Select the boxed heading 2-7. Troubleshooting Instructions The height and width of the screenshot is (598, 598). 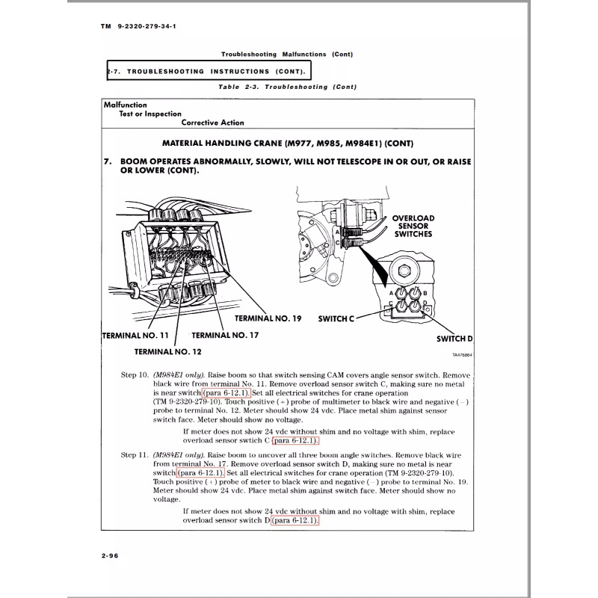click(x=209, y=71)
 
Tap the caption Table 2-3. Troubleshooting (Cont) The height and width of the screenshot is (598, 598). click(x=287, y=87)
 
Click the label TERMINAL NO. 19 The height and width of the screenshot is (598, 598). click(x=268, y=318)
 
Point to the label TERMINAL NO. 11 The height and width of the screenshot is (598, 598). click(x=135, y=335)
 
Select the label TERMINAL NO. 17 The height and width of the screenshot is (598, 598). click(x=226, y=335)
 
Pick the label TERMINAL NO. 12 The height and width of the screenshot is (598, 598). click(x=169, y=351)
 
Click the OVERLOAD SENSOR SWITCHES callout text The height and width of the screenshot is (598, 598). click(x=413, y=226)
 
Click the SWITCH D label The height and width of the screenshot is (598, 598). click(x=454, y=339)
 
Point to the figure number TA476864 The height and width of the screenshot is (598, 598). click(x=462, y=356)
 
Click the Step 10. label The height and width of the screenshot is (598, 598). click(x=134, y=374)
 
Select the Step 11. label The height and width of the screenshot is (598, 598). click(x=134, y=454)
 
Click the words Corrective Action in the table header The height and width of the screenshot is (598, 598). click(x=212, y=123)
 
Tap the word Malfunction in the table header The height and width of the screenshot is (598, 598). click(x=126, y=105)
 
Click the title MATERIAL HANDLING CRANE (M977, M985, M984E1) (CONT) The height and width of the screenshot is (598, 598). click(x=288, y=143)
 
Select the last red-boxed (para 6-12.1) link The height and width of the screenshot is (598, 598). click(x=296, y=520)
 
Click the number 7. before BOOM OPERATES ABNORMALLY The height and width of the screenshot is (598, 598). click(x=108, y=161)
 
